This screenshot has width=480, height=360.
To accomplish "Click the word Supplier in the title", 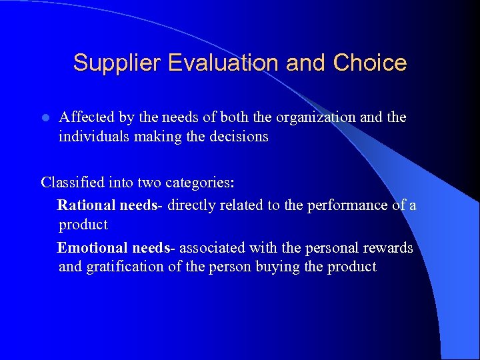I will (x=118, y=63).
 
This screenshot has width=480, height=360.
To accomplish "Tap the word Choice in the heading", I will (x=369, y=63).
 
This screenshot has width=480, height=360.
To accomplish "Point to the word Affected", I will (x=85, y=117).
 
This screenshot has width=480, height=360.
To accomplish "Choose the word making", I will (x=158, y=137).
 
